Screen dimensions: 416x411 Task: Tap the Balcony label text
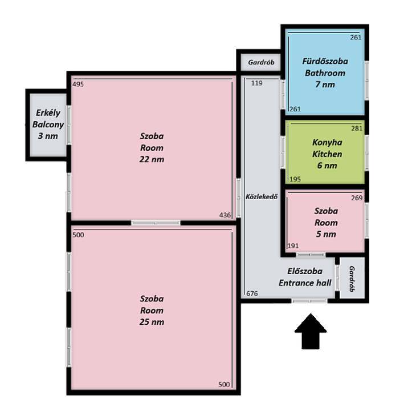[x=48, y=124]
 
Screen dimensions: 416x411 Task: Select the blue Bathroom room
[x=325, y=72]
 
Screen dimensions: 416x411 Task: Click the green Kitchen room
[x=325, y=152]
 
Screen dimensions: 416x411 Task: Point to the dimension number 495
[x=78, y=84]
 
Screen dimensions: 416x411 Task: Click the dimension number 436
[x=225, y=215]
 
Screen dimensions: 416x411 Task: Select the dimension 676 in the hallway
[x=252, y=293]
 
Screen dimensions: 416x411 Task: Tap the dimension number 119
[x=257, y=83]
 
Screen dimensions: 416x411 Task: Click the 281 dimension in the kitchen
[x=357, y=128]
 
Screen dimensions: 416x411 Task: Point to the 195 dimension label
[x=295, y=179]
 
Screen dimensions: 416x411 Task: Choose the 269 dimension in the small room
[x=357, y=198]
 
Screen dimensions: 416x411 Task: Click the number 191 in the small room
[x=293, y=246]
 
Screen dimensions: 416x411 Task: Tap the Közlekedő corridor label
[x=262, y=197]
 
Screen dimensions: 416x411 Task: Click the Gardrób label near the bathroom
[x=261, y=62]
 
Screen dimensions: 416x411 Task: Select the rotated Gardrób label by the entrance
[x=352, y=279]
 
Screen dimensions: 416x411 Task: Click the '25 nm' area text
[x=152, y=322]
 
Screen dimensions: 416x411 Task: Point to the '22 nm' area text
[x=152, y=159]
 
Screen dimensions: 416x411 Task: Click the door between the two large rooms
[x=156, y=223]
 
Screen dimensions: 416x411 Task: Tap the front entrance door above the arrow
[x=309, y=301]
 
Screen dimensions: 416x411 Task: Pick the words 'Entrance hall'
[x=305, y=283]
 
